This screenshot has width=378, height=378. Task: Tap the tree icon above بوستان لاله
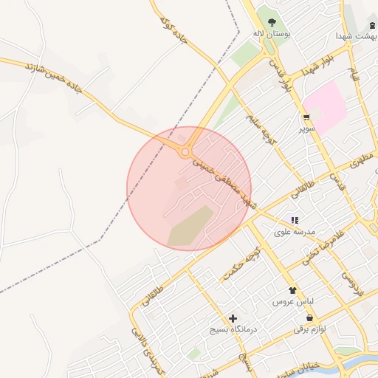click(272, 21)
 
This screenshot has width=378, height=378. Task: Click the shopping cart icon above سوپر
click(306, 117)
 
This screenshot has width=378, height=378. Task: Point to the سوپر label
click(306, 128)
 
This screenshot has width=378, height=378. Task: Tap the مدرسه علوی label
click(295, 232)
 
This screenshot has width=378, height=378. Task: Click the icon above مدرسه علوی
click(295, 220)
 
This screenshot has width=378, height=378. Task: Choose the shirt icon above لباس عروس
click(293, 291)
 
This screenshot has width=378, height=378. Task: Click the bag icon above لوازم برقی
click(309, 317)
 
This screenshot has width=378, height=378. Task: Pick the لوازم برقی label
click(309, 329)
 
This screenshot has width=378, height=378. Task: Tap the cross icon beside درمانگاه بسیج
click(233, 318)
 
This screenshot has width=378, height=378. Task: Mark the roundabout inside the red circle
click(185, 152)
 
